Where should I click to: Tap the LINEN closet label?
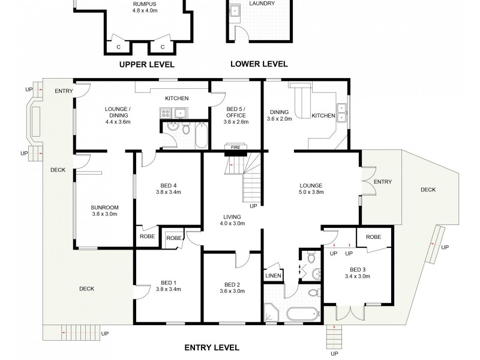pyautogui.click(x=272, y=275)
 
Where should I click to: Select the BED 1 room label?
pyautogui.click(x=169, y=285)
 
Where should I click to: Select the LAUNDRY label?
pyautogui.click(x=262, y=4)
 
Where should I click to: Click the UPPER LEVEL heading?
pyautogui.click(x=147, y=64)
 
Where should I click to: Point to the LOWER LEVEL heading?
pyautogui.click(x=259, y=64)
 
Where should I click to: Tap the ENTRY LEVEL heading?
pyautogui.click(x=211, y=347)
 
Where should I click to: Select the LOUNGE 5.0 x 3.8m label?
pyautogui.click(x=311, y=188)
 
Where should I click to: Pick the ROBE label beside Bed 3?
pyautogui.click(x=374, y=236)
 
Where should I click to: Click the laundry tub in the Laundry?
pyautogui.click(x=235, y=11)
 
